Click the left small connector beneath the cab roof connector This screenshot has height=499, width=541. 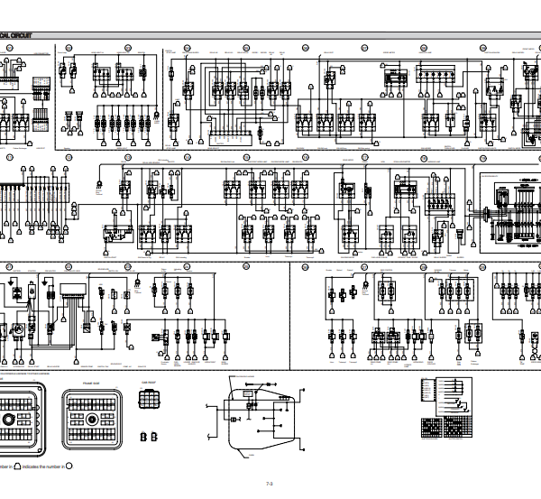click(x=143, y=437)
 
